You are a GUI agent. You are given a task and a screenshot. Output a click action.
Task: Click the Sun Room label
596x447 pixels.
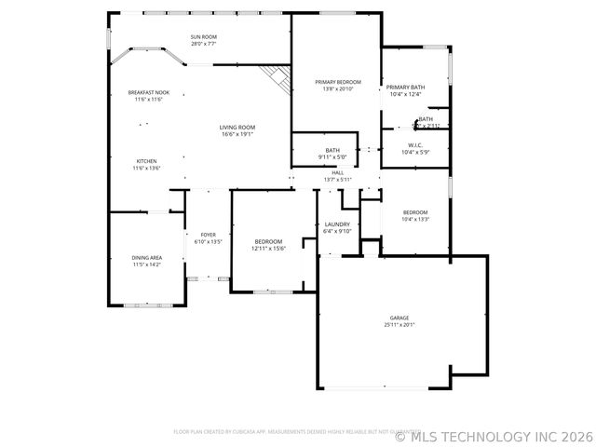(x=203, y=38)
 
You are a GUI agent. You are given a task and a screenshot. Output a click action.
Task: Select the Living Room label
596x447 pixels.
(x=237, y=128)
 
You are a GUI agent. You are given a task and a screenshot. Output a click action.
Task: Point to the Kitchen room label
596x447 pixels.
(x=147, y=161)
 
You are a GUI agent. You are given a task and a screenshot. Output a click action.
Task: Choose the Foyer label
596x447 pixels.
(x=208, y=235)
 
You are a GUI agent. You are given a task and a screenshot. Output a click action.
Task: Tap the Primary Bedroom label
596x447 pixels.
(x=336, y=83)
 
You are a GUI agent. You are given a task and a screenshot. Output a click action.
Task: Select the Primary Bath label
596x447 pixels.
(x=405, y=87)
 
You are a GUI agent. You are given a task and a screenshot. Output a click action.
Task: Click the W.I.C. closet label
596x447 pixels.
(x=416, y=145)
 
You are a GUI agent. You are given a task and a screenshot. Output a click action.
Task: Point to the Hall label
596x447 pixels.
(x=338, y=172)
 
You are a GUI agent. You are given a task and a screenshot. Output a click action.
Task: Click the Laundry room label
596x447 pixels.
(x=336, y=224)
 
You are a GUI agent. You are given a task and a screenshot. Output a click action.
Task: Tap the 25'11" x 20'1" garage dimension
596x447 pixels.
(x=400, y=325)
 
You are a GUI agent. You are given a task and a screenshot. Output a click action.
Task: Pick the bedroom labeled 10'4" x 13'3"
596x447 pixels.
(x=415, y=215)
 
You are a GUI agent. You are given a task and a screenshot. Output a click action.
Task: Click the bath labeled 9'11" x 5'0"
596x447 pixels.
(x=332, y=154)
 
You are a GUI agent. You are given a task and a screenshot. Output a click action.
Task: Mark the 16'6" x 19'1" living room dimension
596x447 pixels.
(x=237, y=135)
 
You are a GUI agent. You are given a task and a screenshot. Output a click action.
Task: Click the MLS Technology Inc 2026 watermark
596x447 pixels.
(x=494, y=435)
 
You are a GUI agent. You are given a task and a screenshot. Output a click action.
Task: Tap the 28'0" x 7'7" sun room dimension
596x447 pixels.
(x=203, y=45)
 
